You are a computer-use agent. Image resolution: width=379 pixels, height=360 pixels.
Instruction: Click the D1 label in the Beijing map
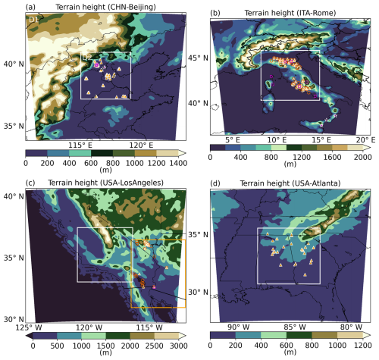[33, 18]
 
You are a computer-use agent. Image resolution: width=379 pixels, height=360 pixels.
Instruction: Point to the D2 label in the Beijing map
[88, 57]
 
